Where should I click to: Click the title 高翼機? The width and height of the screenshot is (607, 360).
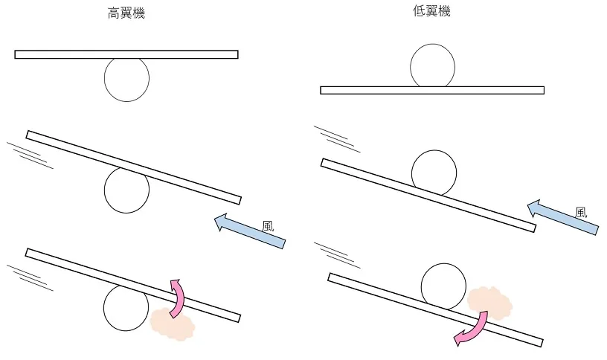click(126, 13)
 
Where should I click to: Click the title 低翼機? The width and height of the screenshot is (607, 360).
click(431, 11)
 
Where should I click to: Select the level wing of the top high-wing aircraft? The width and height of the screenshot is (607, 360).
click(126, 54)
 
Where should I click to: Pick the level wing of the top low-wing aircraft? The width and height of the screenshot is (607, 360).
click(432, 90)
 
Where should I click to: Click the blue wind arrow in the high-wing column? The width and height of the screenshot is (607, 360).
click(250, 231)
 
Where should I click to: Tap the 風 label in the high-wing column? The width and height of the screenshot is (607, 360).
click(268, 226)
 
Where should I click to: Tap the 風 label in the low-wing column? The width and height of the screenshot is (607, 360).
click(581, 213)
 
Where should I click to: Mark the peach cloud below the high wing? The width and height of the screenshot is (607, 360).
click(173, 324)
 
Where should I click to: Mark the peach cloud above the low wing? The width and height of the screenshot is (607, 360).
click(489, 303)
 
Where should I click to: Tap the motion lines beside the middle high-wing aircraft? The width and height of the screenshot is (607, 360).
click(30, 155)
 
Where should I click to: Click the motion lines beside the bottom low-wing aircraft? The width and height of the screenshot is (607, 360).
click(337, 255)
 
